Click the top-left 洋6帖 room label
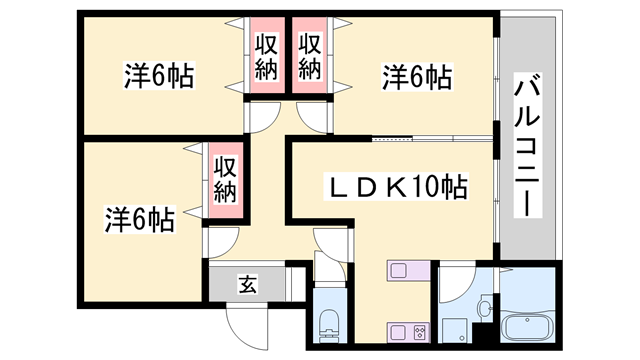[159, 75]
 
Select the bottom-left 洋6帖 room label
[140, 218]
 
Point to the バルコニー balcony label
[526, 146]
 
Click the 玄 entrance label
[245, 284]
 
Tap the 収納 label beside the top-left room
[266, 57]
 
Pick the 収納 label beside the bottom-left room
[224, 178]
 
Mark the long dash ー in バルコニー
[526, 200]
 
